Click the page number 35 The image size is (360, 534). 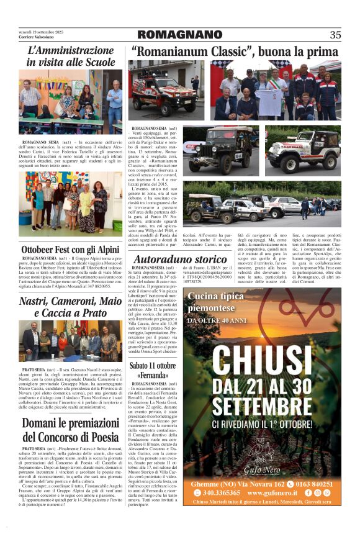335,35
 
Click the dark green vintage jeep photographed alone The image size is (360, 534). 221,150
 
